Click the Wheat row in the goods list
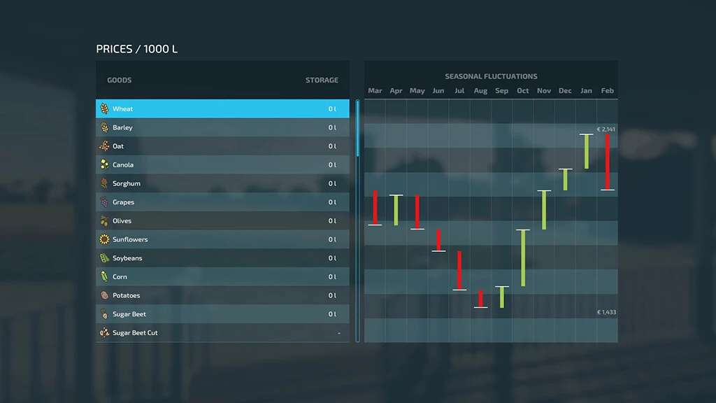pos(222,109)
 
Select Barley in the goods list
pos(222,128)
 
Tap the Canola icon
pos(104,165)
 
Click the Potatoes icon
pos(104,295)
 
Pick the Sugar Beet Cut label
pos(135,333)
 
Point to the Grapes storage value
pos(332,202)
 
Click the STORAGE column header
pos(322,80)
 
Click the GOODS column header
pos(120,80)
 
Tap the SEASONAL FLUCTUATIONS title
pos(491,76)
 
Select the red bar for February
pos(608,162)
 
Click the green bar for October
pos(523,257)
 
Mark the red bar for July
pos(459,270)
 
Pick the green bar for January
pos(587,151)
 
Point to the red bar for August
pos(480,299)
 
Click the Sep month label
pos(501,91)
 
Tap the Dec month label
pos(565,91)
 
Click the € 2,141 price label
pos(606,129)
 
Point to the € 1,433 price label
pos(606,312)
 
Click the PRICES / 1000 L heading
pos(137,49)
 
